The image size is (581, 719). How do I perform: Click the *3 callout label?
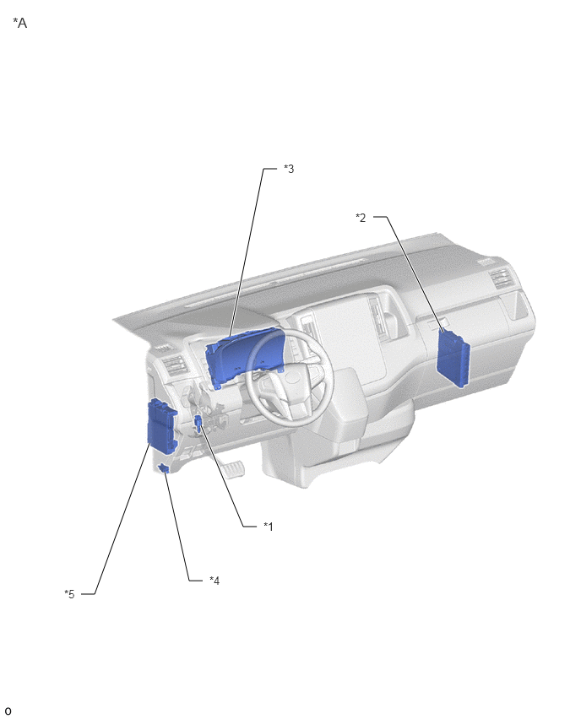[289, 169]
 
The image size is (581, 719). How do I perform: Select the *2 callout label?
[361, 218]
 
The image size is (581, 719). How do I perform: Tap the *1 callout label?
[268, 527]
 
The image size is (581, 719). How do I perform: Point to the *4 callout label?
[214, 581]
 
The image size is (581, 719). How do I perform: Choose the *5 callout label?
[69, 594]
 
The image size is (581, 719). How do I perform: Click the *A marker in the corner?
[19, 23]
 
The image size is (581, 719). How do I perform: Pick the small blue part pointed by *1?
[198, 424]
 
